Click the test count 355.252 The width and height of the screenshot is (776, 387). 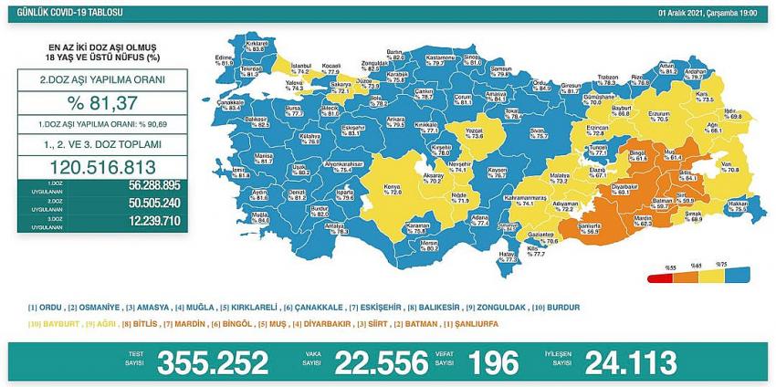pyautogui.click(x=213, y=362)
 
